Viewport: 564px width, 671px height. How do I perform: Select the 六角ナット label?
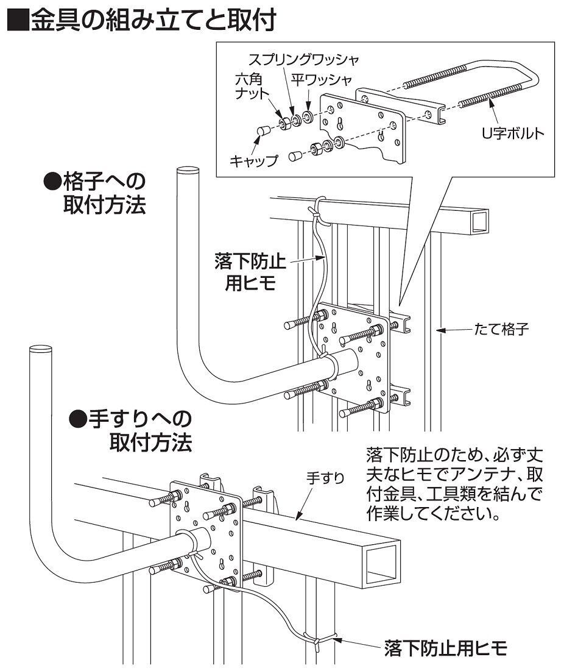pyautogui.click(x=251, y=88)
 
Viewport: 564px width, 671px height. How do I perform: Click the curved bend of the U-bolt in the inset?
pyautogui.click(x=530, y=76)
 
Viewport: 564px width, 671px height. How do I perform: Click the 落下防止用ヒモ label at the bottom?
pyautogui.click(x=445, y=647)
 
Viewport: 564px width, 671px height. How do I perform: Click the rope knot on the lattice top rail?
pyautogui.click(x=317, y=210)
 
